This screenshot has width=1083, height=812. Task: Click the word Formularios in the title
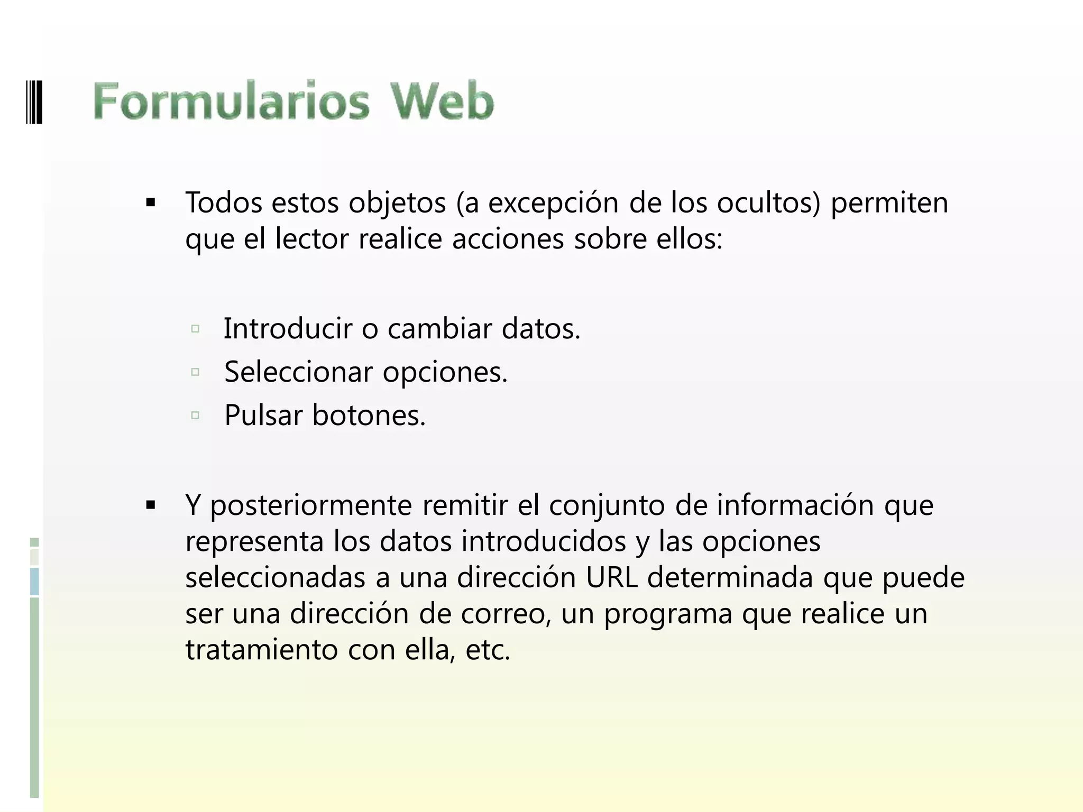pos(231,101)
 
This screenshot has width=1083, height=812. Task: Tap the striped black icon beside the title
pos(34,101)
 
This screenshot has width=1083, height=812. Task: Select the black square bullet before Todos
pos(151,203)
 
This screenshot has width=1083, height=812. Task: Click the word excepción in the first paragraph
pos(553,203)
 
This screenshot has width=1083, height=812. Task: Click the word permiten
pos(889,203)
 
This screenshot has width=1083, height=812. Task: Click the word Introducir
pos(288,328)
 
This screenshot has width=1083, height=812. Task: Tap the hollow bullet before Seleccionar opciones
pos(195,372)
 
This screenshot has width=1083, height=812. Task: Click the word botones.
pos(369,416)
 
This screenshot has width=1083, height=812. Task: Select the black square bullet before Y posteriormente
pos(151,506)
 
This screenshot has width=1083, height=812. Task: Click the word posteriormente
pos(311,506)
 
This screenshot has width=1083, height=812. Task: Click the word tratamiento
pos(261,650)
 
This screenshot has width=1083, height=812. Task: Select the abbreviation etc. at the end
pos(488,650)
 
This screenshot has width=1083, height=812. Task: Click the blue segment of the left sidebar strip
pos(34,582)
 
